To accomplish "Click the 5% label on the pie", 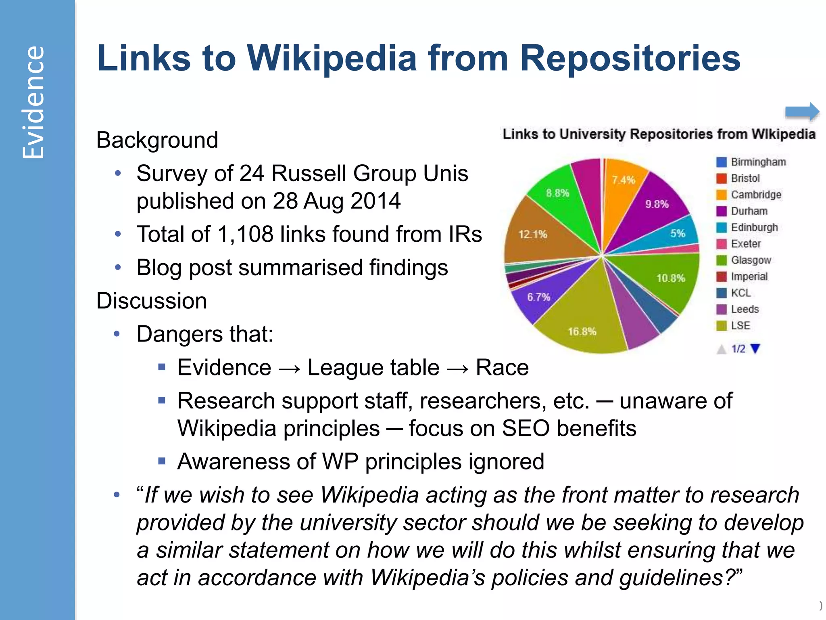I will click(678, 233).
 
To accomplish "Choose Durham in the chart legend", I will click(749, 211).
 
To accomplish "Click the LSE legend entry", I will click(740, 325).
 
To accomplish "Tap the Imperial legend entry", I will click(749, 276).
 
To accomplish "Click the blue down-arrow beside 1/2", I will click(755, 348).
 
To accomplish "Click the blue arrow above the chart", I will click(802, 111).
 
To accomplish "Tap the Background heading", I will click(157, 140).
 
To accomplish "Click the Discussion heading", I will click(152, 301).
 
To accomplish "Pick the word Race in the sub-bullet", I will click(502, 367).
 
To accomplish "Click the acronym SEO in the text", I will click(525, 428).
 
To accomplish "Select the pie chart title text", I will click(659, 134).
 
